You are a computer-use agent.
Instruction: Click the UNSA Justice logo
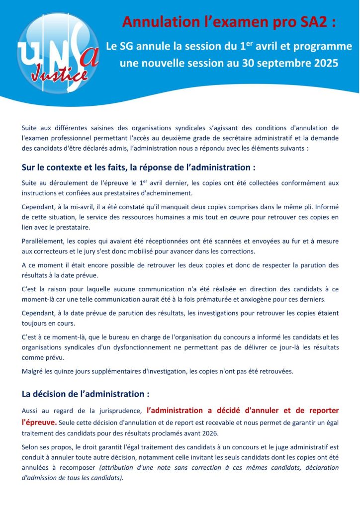point(57,52)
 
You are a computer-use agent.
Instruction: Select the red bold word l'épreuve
point(39,422)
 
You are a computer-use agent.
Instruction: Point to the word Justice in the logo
point(59,75)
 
